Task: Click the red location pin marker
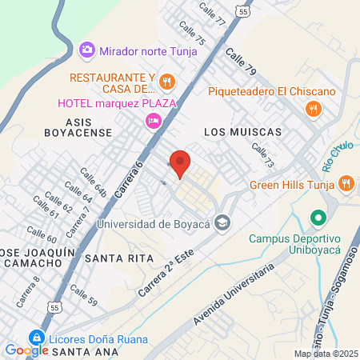pyautogui.click(x=180, y=163)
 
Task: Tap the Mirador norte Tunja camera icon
pyautogui.click(x=87, y=50)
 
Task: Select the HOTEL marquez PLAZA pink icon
pyautogui.click(x=152, y=120)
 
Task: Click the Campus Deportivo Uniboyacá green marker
pyautogui.click(x=318, y=218)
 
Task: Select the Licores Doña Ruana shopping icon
pyautogui.click(x=36, y=338)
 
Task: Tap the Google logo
pyautogui.click(x=27, y=350)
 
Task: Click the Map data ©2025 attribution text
pyautogui.click(x=325, y=354)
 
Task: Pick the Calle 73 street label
pyautogui.click(x=262, y=154)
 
